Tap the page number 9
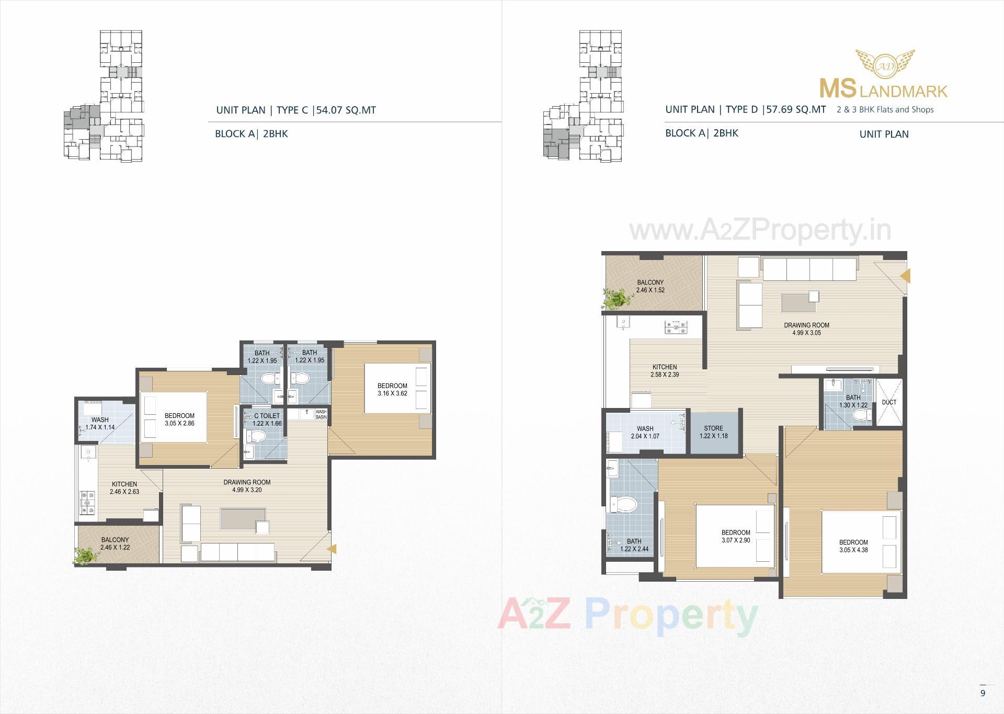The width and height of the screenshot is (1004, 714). coord(983,693)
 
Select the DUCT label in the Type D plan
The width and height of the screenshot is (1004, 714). coord(889,402)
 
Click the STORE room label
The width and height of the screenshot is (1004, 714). coord(713,428)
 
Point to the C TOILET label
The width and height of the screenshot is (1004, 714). coord(267,416)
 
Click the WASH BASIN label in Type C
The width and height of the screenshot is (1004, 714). coord(321,414)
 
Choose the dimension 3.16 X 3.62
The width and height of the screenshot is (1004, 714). coord(392,393)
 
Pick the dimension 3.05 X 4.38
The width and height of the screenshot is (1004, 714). coord(853,550)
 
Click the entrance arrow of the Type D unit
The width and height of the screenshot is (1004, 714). coord(905,276)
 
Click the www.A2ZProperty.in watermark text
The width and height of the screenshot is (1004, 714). coord(760,230)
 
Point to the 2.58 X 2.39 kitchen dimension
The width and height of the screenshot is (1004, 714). coord(664,375)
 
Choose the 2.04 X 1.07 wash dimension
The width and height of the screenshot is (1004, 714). coord(645,436)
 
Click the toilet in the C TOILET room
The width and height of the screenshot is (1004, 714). coord(257,436)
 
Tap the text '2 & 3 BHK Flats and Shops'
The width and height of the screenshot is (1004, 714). coord(885,110)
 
